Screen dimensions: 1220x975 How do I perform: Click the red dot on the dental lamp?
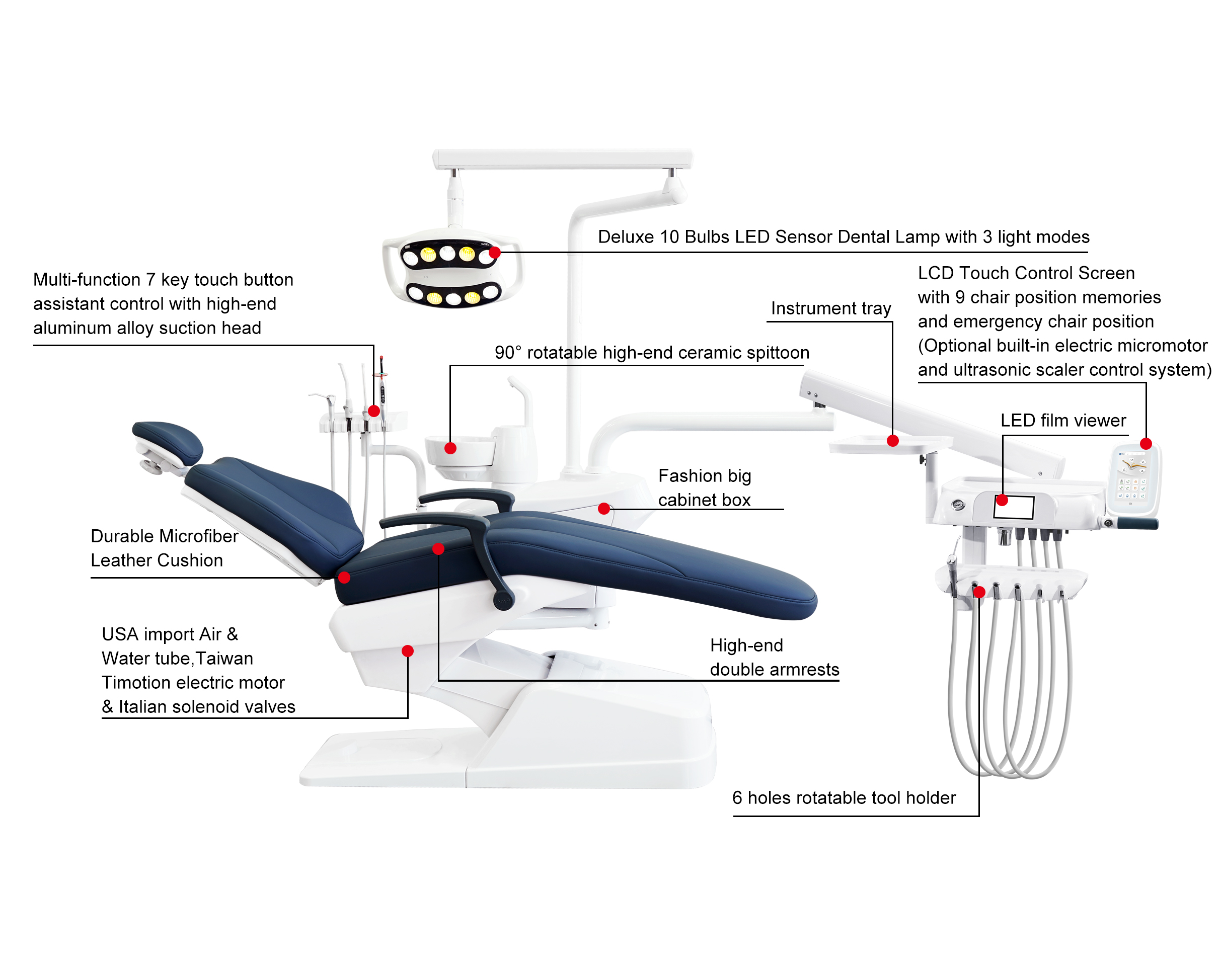495,252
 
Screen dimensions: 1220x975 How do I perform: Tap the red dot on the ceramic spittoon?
450,448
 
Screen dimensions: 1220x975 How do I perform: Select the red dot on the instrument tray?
893,441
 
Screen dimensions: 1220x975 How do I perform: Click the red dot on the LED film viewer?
1002,500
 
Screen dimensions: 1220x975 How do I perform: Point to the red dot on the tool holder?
979,592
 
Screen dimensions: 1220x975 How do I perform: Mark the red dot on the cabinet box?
604,509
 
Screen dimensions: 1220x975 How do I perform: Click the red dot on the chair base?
407,651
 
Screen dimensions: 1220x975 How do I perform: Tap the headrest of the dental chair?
168,441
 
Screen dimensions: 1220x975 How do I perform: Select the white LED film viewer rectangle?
1014,507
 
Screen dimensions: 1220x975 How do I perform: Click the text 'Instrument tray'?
830,308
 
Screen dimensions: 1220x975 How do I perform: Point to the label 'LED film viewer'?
1063,420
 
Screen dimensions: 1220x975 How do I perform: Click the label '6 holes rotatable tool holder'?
844,797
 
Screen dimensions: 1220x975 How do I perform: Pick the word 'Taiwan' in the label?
224,658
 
